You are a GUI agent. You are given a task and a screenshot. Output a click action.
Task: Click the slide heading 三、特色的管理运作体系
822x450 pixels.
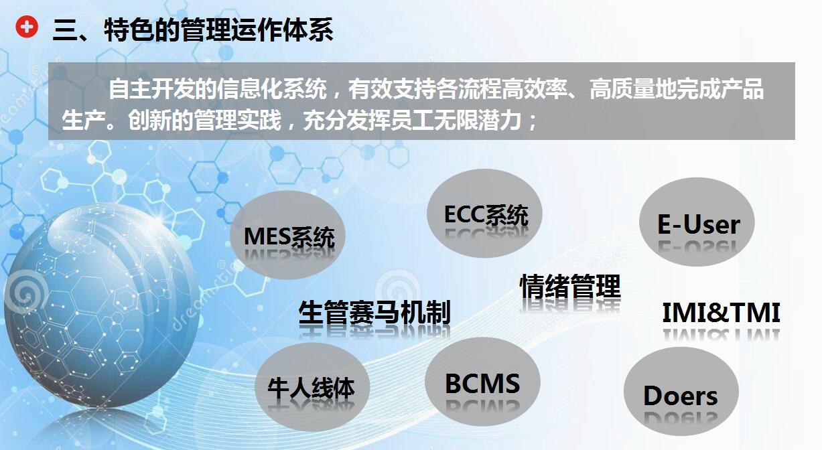tap(192, 31)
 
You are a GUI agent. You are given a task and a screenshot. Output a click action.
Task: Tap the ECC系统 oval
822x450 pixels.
tap(484, 215)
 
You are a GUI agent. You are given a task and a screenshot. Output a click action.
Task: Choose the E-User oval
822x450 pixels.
tap(697, 224)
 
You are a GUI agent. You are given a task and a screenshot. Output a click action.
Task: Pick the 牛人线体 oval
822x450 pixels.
tap(312, 387)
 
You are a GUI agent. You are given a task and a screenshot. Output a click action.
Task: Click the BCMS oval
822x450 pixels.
tap(482, 383)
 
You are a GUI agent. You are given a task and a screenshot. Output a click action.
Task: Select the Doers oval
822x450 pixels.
tap(681, 394)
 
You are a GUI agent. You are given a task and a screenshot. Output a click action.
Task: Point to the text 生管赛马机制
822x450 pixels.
tap(374, 313)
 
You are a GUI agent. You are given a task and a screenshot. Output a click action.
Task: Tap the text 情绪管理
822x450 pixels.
tap(570, 287)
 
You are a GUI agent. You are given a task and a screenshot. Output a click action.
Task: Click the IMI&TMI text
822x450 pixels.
tap(721, 313)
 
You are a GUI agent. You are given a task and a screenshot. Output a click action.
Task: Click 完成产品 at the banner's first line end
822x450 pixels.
tap(730, 89)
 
